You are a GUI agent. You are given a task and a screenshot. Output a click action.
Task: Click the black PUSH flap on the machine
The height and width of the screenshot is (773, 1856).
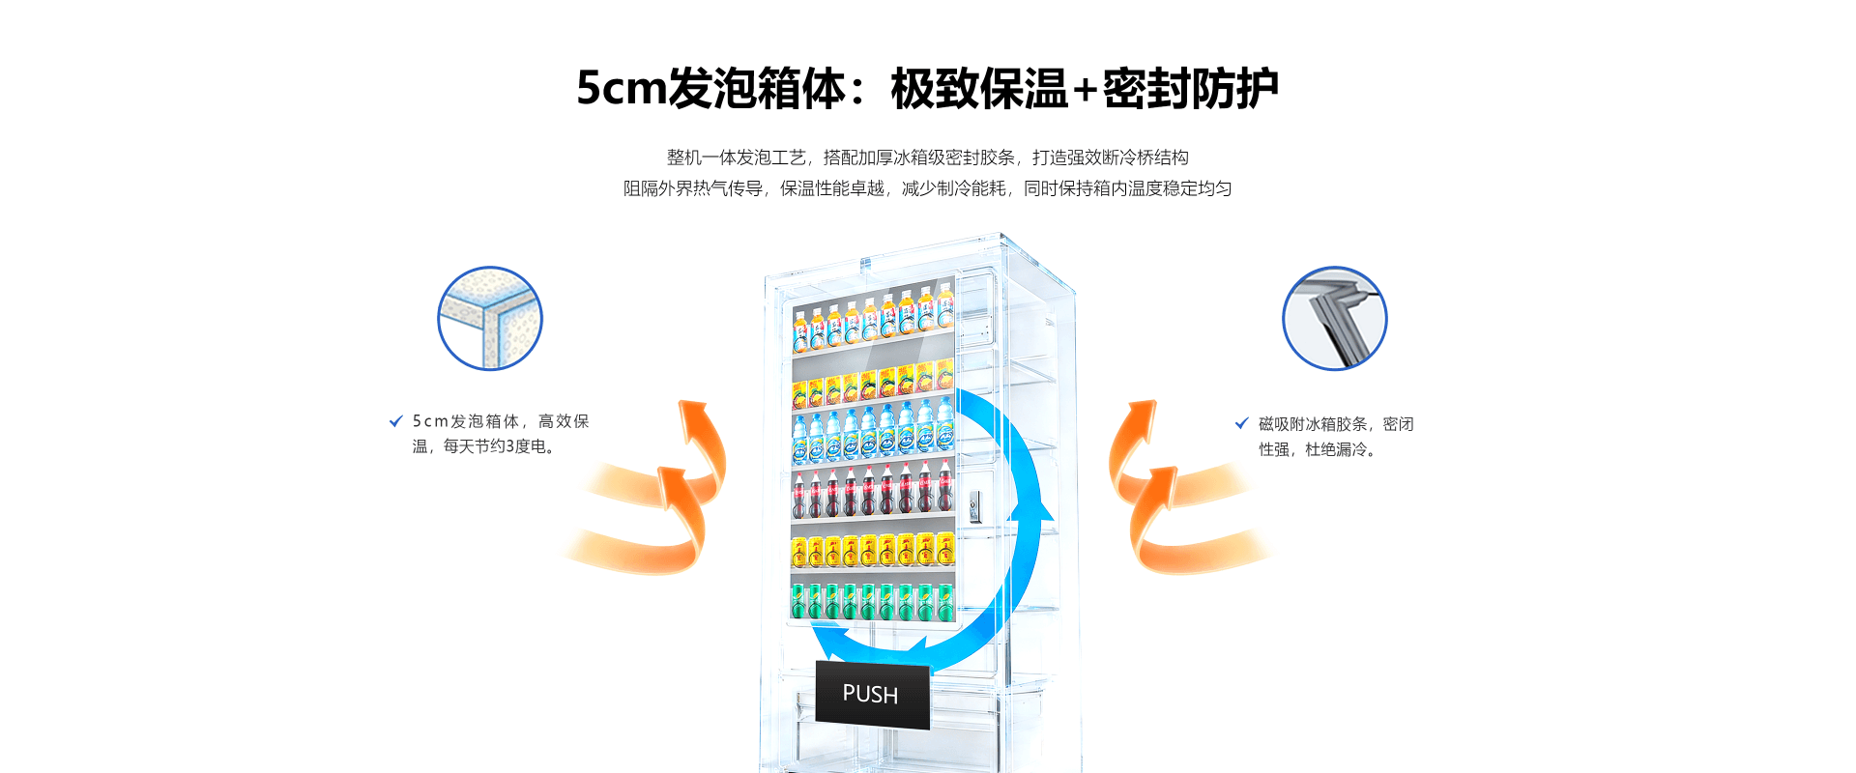click(872, 694)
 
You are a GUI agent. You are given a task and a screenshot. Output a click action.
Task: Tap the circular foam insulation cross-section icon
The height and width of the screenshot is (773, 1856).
click(490, 319)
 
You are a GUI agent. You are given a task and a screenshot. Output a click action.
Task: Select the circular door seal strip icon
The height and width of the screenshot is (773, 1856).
click(1334, 319)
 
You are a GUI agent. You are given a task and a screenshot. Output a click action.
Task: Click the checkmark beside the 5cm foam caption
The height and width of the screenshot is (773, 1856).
click(395, 421)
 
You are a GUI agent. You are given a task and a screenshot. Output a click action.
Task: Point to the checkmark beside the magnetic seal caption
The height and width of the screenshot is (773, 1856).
click(1241, 423)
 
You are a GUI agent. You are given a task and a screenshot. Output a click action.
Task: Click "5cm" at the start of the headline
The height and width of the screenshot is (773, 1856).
click(621, 89)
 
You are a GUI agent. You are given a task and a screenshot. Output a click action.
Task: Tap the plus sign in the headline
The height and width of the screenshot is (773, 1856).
click(1085, 89)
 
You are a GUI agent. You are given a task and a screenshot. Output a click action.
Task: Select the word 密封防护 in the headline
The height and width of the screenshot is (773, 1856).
click(1190, 89)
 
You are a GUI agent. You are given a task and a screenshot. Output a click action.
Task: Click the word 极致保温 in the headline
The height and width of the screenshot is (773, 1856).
click(978, 89)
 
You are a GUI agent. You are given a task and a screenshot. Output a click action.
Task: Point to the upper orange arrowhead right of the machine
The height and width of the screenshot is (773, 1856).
click(1141, 417)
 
